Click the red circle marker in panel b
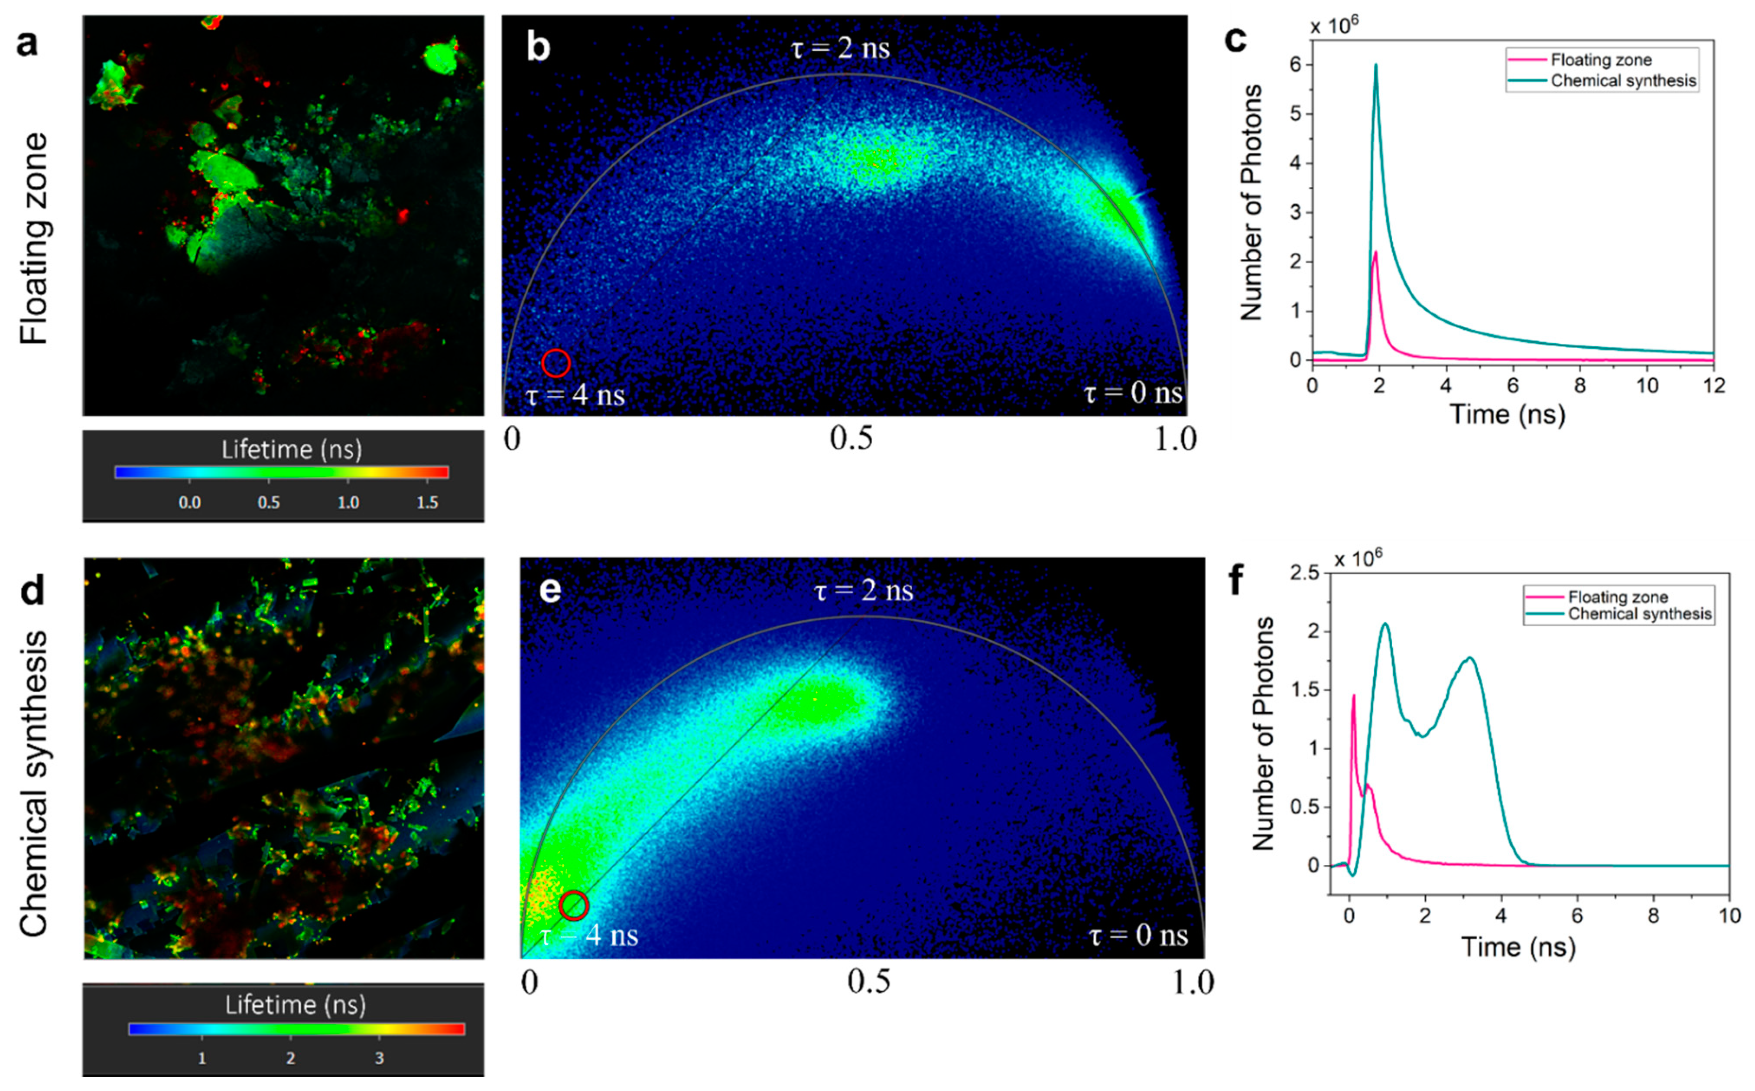pyautogui.click(x=556, y=363)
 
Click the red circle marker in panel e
pyautogui.click(x=573, y=905)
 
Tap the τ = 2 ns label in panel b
pyautogui.click(x=840, y=49)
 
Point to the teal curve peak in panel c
pyautogui.click(x=1375, y=65)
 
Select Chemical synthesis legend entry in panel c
pyautogui.click(x=1623, y=81)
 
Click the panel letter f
pyautogui.click(x=1235, y=580)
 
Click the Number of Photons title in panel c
pyautogui.click(x=1251, y=202)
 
